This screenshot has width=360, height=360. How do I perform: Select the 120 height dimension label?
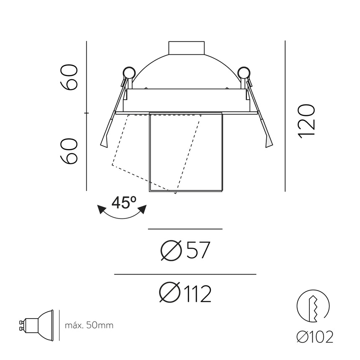click(x=306, y=121)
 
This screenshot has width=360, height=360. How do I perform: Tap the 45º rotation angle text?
click(x=123, y=203)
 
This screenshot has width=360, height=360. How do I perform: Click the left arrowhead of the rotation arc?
click(x=101, y=209)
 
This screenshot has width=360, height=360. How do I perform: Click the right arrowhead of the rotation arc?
click(x=143, y=209)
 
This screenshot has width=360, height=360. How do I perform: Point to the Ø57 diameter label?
click(x=185, y=251)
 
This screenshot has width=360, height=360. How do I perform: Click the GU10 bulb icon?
click(x=37, y=324)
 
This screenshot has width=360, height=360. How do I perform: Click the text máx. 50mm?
click(x=89, y=325)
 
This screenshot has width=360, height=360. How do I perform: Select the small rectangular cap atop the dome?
click(x=186, y=48)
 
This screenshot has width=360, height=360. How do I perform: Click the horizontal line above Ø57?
click(x=185, y=229)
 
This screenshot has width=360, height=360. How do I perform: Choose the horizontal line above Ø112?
click(x=185, y=274)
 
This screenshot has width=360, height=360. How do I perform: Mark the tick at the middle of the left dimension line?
click(x=87, y=113)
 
